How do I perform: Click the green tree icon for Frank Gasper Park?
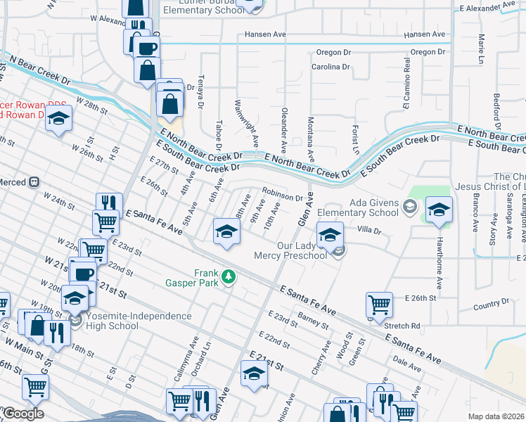point(227,278)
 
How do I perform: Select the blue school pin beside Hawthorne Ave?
point(439,210)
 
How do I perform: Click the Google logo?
point(23,414)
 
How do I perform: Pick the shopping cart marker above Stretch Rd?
point(379,305)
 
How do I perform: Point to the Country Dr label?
point(490,304)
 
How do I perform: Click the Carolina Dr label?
point(331,68)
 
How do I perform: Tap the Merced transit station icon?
point(33,182)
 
